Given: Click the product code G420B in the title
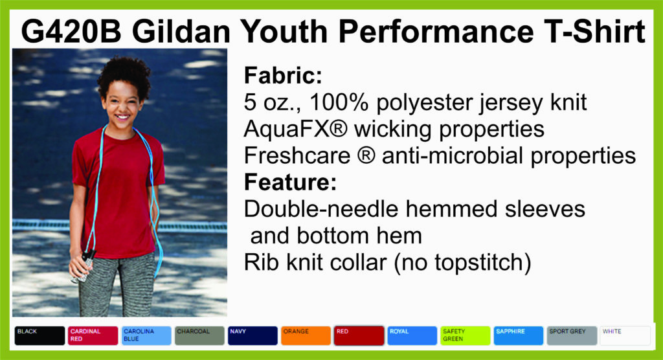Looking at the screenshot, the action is click(71, 31).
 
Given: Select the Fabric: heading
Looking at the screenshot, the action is click(283, 76).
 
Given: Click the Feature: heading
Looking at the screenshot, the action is click(290, 183).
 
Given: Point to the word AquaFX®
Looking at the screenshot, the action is click(295, 129).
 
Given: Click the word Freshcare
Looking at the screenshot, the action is click(297, 155).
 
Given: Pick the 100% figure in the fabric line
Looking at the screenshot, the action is click(339, 102).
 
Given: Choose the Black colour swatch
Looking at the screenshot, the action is click(39, 335).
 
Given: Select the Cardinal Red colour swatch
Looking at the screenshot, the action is click(93, 335).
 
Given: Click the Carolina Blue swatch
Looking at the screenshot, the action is click(146, 335).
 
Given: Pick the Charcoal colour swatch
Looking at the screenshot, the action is click(199, 335).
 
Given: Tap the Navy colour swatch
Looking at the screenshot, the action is click(253, 335).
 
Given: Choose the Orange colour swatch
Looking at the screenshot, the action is click(306, 335).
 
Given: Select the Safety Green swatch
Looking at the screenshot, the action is click(466, 335).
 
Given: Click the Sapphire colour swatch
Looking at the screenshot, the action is click(519, 335).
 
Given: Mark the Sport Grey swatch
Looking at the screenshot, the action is click(572, 335).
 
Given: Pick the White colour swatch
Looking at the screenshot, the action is click(625, 335).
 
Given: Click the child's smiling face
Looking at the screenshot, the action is click(122, 105).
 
